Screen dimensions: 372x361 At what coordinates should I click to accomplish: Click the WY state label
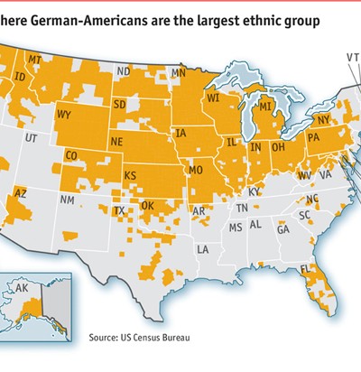(64, 115)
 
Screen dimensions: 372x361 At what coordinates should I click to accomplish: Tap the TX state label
(119, 210)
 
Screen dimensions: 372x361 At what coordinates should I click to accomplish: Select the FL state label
(305, 271)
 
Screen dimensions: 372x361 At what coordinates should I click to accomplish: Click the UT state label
(32, 139)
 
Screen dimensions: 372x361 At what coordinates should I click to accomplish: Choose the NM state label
(67, 198)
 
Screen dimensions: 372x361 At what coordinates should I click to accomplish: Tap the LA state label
(204, 248)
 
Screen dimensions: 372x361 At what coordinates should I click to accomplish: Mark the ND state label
(123, 71)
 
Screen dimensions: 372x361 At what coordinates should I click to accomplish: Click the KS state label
(131, 173)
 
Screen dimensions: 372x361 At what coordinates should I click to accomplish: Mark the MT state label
(36, 60)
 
